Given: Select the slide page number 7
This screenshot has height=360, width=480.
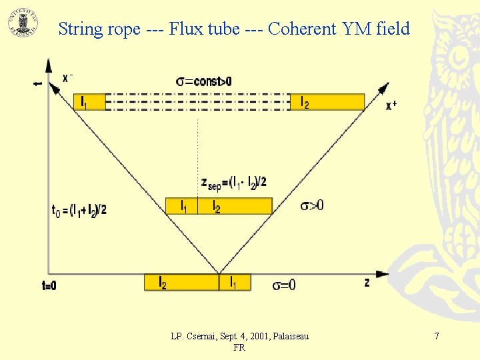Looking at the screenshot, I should (437, 337).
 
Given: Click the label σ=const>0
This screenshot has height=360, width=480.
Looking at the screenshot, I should (204, 81).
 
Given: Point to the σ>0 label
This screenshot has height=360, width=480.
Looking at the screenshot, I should (311, 205).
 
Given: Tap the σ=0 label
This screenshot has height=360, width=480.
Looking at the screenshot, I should (284, 285).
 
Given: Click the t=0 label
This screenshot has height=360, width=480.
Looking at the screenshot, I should (49, 285).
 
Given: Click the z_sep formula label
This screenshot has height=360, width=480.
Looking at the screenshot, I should (233, 182).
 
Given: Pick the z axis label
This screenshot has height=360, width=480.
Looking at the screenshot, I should (367, 283).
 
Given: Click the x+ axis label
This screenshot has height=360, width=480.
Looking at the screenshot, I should (391, 105).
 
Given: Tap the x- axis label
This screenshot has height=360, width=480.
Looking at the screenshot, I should (67, 77).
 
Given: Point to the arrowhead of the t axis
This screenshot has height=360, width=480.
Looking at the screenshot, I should (48, 65).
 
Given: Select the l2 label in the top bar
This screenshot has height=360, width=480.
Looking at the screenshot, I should (305, 102).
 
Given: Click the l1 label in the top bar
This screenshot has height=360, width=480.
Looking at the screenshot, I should (83, 102).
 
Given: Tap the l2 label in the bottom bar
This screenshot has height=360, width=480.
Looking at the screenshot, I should (162, 282).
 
